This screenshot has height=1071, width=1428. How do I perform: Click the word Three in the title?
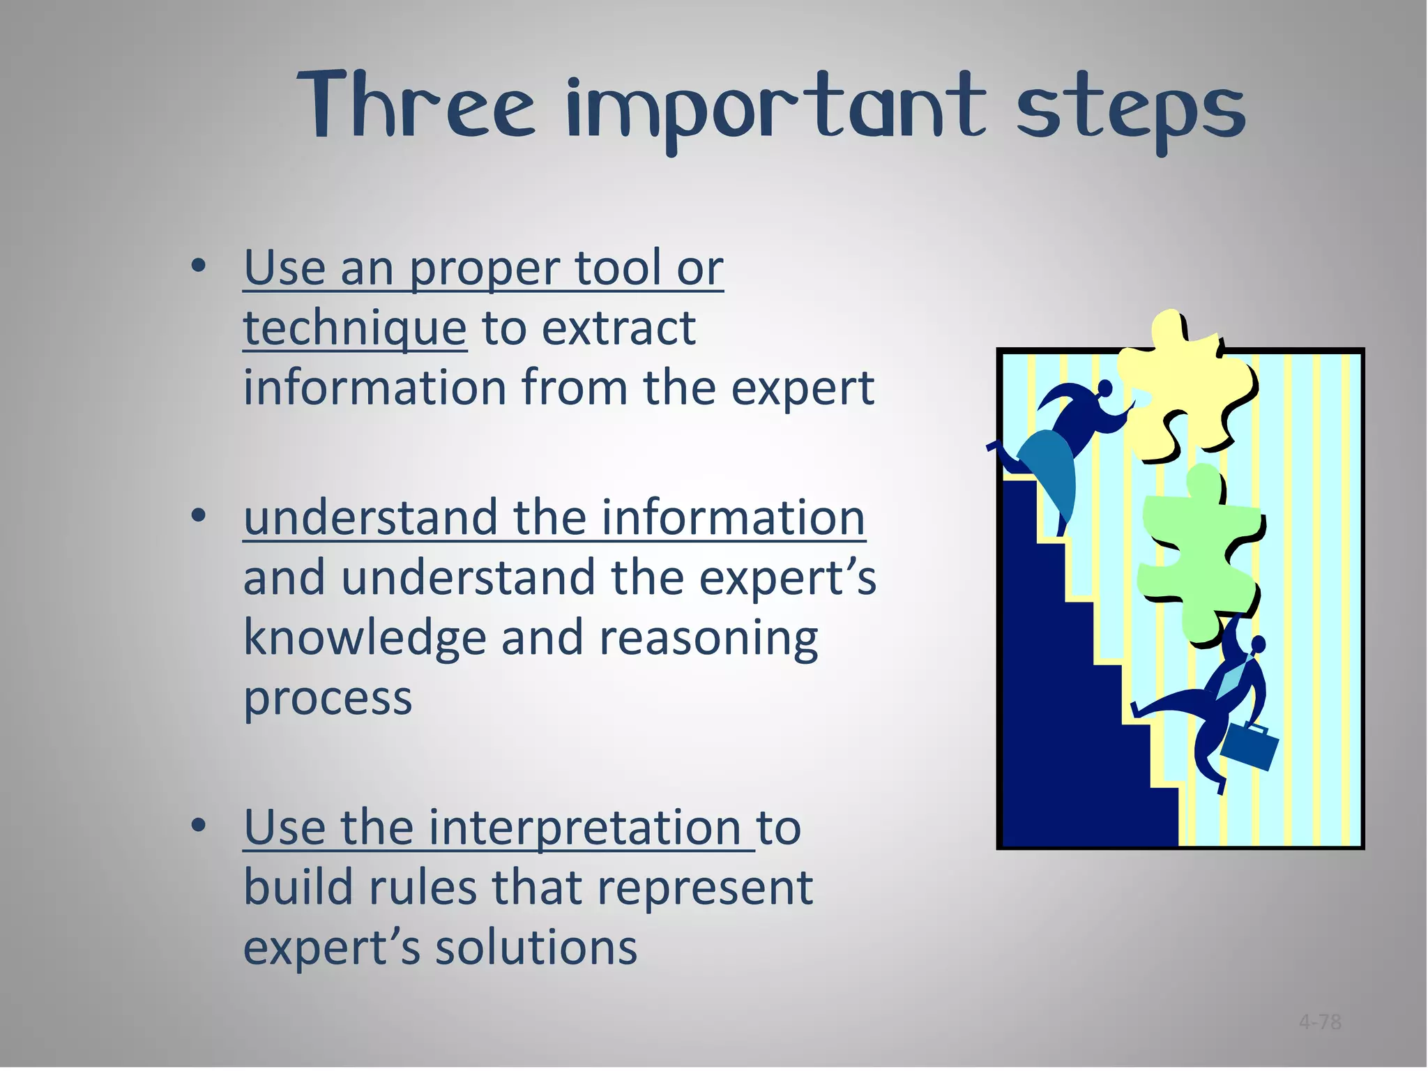click(416, 106)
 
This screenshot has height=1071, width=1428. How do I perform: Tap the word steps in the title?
click(1130, 112)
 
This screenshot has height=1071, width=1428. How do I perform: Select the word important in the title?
click(776, 112)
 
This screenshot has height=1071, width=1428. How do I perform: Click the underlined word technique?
click(354, 328)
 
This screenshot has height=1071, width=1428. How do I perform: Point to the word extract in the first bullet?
click(618, 328)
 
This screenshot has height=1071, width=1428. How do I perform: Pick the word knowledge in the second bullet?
click(364, 639)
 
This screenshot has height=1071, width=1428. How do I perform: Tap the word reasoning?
click(708, 639)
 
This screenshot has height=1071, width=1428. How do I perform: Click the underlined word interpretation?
click(584, 828)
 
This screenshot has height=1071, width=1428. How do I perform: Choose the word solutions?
click(536, 948)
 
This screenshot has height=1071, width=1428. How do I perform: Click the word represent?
click(705, 889)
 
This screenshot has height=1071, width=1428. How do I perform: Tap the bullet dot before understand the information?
click(199, 516)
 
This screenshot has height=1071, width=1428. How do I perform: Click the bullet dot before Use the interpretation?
click(199, 826)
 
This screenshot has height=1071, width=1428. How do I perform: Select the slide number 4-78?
click(1320, 1023)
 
